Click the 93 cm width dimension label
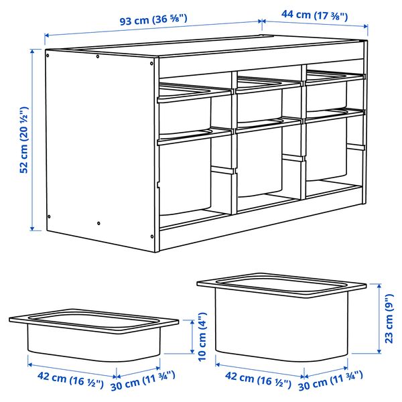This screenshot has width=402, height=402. [x=153, y=20]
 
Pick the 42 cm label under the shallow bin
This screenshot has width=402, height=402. [x=66, y=383]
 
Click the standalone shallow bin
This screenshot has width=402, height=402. [x=94, y=338]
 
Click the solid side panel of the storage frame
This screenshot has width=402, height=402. [x=100, y=147]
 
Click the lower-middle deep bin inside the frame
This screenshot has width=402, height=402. [x=261, y=164]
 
